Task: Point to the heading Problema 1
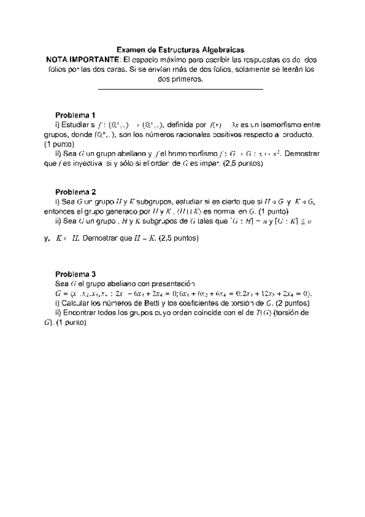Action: [x=75, y=115]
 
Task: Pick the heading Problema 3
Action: [x=75, y=274]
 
